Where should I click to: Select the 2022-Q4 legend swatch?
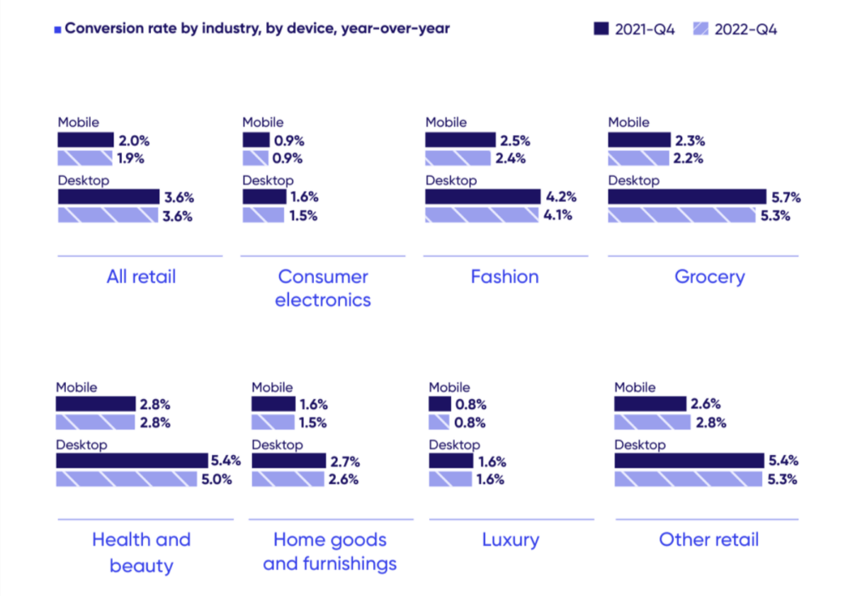(701, 29)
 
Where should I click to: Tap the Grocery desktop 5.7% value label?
(785, 197)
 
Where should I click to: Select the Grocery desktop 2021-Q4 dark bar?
(686, 197)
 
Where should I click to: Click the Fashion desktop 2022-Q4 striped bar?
(481, 215)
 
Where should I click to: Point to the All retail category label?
(141, 276)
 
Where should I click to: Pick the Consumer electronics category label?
(322, 287)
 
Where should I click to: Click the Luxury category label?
(510, 539)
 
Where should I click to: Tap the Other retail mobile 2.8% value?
(711, 422)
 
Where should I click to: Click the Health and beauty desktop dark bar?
(131, 461)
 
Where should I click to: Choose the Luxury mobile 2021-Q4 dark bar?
(440, 404)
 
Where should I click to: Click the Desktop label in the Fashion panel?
(451, 180)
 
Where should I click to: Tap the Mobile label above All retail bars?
(78, 122)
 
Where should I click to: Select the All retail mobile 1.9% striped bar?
(84, 158)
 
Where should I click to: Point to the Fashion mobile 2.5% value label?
(514, 140)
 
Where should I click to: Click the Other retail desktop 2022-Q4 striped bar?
(687, 479)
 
